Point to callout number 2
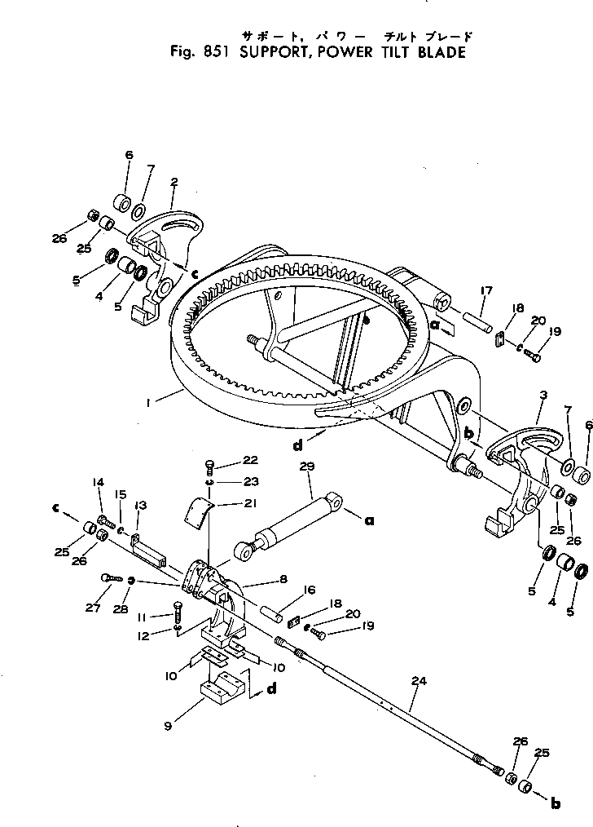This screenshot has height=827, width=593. pos(174,182)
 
